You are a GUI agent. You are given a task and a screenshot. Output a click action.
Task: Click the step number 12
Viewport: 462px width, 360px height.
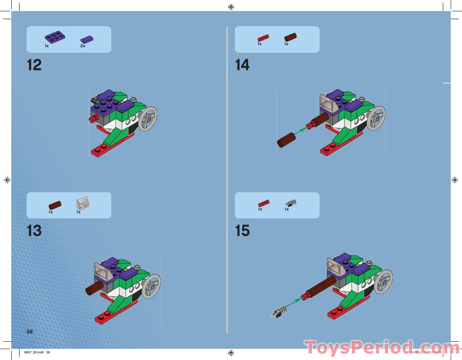coord(34,65)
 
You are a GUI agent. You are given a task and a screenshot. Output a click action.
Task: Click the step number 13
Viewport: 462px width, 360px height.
coord(34,231)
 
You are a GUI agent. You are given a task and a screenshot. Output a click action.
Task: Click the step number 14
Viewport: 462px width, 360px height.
coord(242,65)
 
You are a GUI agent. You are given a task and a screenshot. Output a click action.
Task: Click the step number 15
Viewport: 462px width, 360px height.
coord(242,231)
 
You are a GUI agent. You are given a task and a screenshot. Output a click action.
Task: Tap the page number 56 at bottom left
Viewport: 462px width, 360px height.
coord(30,332)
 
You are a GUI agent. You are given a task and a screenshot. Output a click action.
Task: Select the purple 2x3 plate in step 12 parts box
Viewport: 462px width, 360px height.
coord(55,37)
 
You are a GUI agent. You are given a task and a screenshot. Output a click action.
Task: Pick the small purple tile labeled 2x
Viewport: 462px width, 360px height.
coord(87,39)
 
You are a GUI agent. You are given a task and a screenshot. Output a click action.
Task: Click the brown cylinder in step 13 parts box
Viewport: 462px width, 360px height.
coord(55,205)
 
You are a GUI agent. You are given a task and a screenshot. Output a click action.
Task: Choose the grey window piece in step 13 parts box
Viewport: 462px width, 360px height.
coord(83,203)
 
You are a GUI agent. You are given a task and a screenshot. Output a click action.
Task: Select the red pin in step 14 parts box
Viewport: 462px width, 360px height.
coord(263,37)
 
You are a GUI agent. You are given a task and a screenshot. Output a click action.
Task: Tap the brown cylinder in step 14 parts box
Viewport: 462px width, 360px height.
coord(290,37)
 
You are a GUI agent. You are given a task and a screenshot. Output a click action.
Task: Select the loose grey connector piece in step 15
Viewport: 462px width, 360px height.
coord(278,312)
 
